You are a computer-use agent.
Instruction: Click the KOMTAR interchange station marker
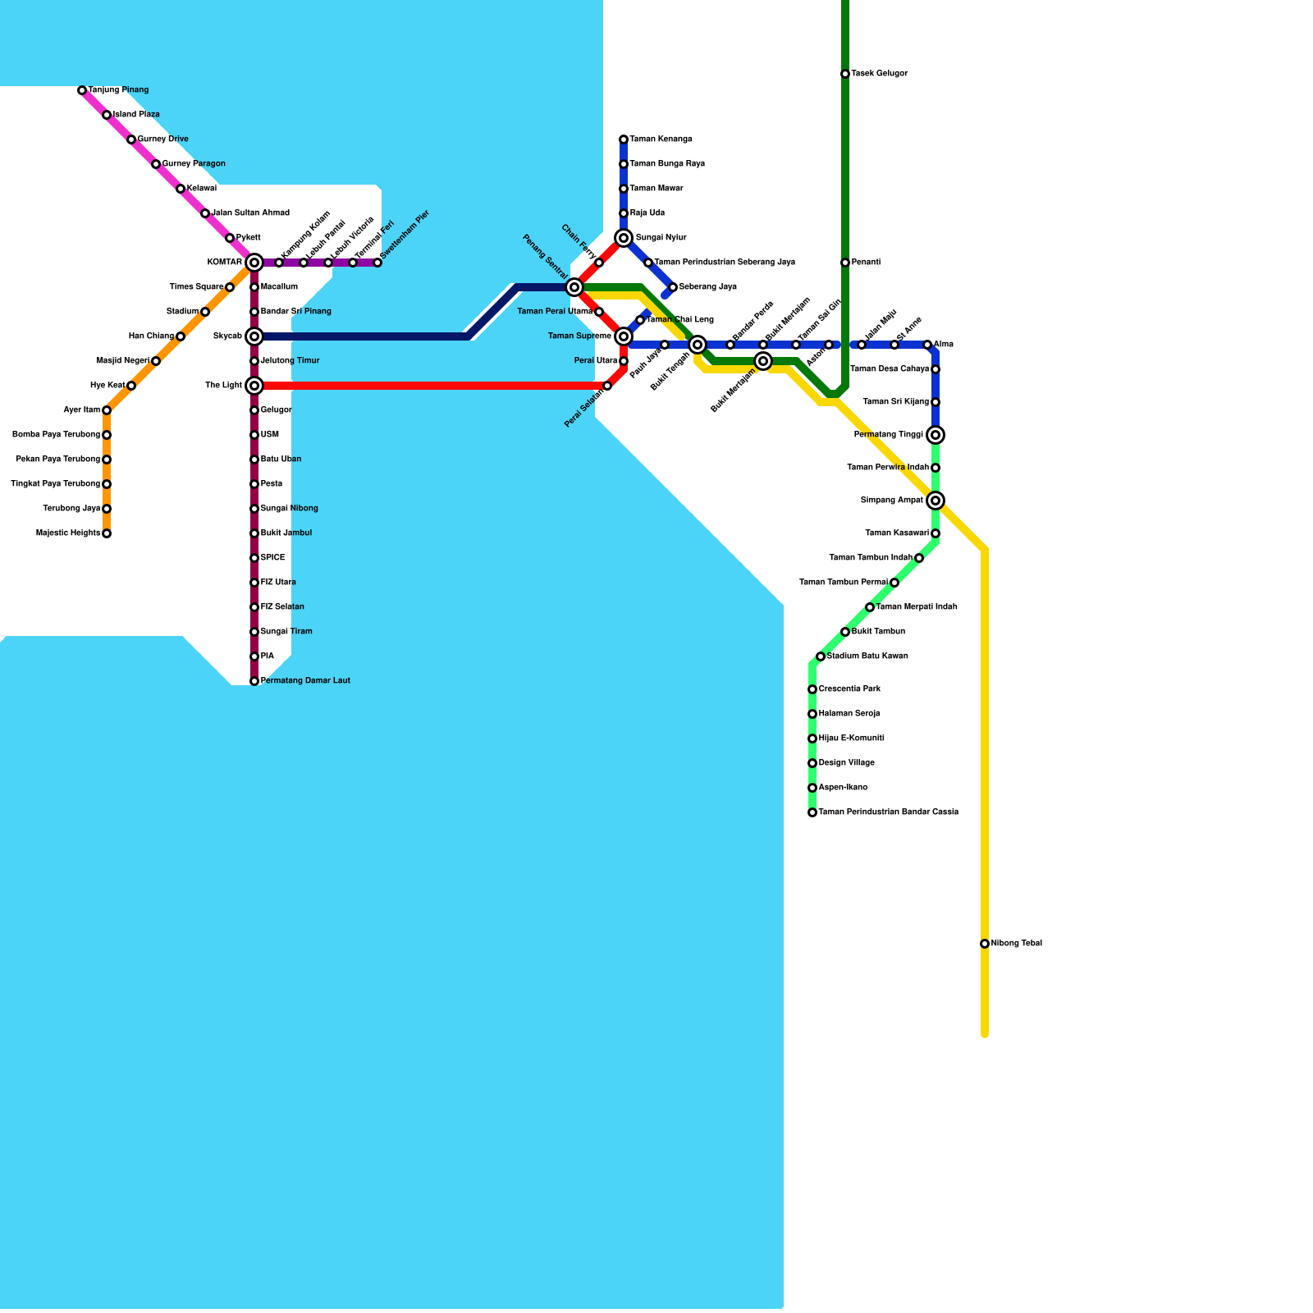[x=254, y=263]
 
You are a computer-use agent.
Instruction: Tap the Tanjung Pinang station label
[x=118, y=90]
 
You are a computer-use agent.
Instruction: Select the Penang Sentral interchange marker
[x=574, y=287]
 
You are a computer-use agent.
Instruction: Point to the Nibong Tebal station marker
[x=985, y=944]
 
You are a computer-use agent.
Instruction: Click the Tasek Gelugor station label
[x=879, y=74]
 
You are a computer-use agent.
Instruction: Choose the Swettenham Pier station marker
[x=377, y=263]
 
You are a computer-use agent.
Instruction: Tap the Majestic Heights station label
[x=68, y=533]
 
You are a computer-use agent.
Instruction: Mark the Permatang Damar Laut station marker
[x=254, y=681]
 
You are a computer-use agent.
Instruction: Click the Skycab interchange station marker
[x=254, y=336]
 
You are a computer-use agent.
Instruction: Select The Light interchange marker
[x=254, y=386]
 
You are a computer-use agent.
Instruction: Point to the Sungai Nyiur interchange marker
[x=624, y=238]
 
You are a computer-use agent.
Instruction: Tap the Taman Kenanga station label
[x=661, y=140]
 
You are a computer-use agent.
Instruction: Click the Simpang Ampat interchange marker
[x=936, y=501]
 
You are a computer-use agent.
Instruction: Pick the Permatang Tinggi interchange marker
[x=936, y=435]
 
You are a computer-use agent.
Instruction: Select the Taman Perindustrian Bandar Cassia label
[x=888, y=812]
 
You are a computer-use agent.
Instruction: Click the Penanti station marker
[x=845, y=263]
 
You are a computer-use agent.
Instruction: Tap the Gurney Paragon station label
[x=194, y=164]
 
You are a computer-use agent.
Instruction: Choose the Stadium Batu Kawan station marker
[x=821, y=656]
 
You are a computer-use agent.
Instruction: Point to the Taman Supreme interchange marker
[x=624, y=336]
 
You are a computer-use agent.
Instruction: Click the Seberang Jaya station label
[x=707, y=287]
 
